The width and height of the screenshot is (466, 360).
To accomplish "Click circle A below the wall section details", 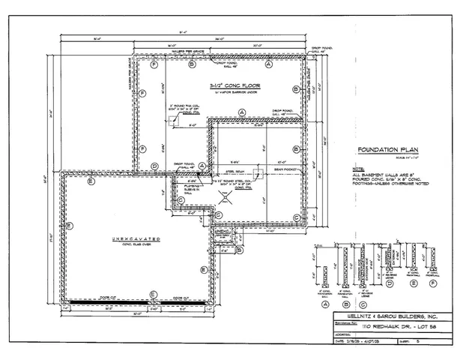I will [326, 304].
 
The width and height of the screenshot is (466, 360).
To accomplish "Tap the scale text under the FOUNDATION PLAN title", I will [382, 156].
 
